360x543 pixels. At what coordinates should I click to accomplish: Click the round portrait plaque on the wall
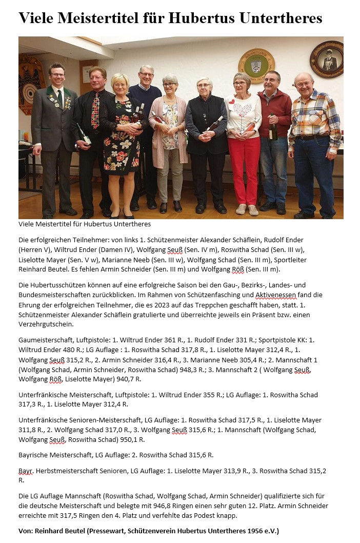tap(327, 59)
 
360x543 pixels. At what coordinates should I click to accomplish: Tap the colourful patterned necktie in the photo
tap(95, 110)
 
